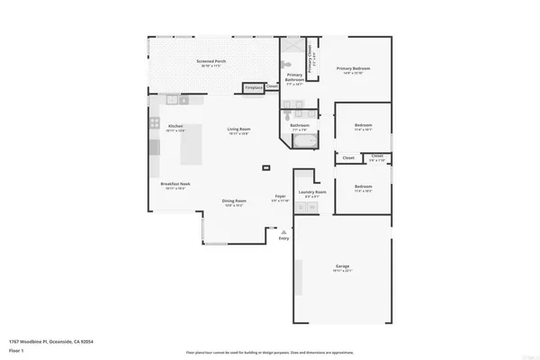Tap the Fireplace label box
pyautogui.click(x=255, y=88)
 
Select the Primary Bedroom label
pyautogui.click(x=354, y=70)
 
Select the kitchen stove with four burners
pyautogui.click(x=154, y=123)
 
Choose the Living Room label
pyautogui.click(x=238, y=130)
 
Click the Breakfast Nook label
pyautogui.click(x=173, y=185)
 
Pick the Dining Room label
pyautogui.click(x=234, y=202)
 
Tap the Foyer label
pyautogui.click(x=281, y=198)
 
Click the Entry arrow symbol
pyautogui.click(x=284, y=231)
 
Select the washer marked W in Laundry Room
pyautogui.click(x=301, y=209)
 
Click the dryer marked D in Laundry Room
pyautogui.click(x=312, y=209)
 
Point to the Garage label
pyautogui.click(x=342, y=268)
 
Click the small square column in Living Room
pyautogui.click(x=265, y=167)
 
